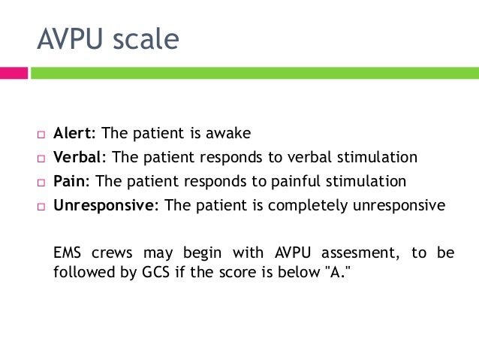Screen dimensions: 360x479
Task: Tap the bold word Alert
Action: pyautogui.click(x=74, y=134)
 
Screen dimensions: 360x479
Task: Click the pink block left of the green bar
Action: pyautogui.click(x=14, y=74)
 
